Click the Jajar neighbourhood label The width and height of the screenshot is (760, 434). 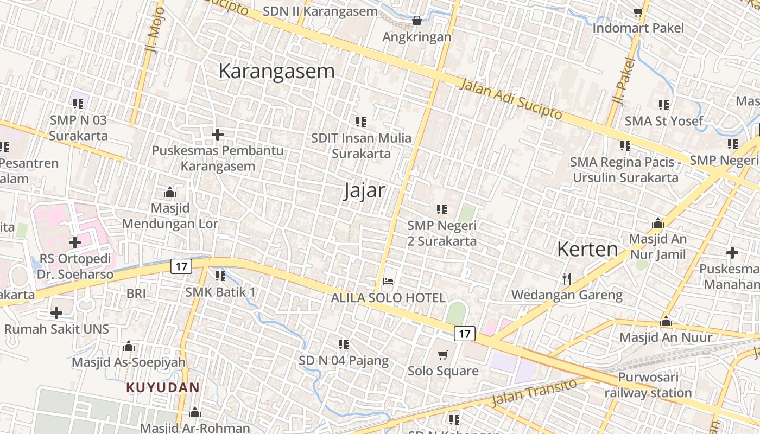[x=364, y=191]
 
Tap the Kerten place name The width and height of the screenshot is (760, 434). [x=587, y=249]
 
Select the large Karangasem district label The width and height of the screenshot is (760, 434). [x=276, y=71]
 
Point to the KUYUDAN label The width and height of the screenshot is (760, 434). [x=163, y=387]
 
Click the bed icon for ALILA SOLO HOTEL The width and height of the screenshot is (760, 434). [x=388, y=282]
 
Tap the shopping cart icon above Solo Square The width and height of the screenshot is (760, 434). [x=443, y=355]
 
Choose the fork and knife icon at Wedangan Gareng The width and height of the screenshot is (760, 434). [x=567, y=279]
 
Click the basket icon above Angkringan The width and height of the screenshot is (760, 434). [x=416, y=21]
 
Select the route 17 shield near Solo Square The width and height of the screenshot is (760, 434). [x=464, y=333]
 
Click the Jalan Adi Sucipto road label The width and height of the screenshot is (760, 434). [x=511, y=98]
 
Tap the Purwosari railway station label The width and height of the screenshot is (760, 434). [x=648, y=385]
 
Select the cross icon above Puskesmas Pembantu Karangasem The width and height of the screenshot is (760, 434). [x=217, y=134]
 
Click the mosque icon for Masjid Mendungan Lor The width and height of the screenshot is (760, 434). [x=169, y=193]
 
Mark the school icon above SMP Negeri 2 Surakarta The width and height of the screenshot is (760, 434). [x=441, y=209]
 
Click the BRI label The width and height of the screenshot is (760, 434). [x=136, y=293]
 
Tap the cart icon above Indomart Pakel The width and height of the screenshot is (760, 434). [x=638, y=12]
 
